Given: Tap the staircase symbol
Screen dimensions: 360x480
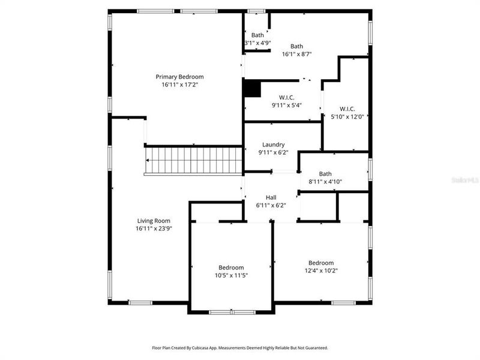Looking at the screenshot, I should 193,160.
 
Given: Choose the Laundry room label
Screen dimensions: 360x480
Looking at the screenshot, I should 273,145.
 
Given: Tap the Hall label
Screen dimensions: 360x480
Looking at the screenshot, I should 271,197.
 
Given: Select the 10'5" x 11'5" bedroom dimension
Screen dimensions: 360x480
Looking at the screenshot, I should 231,275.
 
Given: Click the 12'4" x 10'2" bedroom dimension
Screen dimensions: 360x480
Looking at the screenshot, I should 321,271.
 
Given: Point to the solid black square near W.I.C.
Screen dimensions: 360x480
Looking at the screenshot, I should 252,88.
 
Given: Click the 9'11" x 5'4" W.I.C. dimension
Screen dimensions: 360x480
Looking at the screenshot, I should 286,105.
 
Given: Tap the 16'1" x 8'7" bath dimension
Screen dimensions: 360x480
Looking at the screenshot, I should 296,54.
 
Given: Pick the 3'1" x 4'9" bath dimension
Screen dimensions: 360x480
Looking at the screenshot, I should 257,43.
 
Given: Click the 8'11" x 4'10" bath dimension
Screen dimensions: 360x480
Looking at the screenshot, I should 325,181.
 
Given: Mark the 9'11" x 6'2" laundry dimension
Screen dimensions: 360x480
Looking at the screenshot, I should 273,152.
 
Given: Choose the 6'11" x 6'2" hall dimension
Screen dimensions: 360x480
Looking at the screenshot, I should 271,205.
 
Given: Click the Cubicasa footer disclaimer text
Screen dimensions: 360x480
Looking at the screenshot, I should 239,348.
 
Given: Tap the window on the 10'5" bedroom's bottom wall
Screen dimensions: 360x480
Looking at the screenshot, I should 232,311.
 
